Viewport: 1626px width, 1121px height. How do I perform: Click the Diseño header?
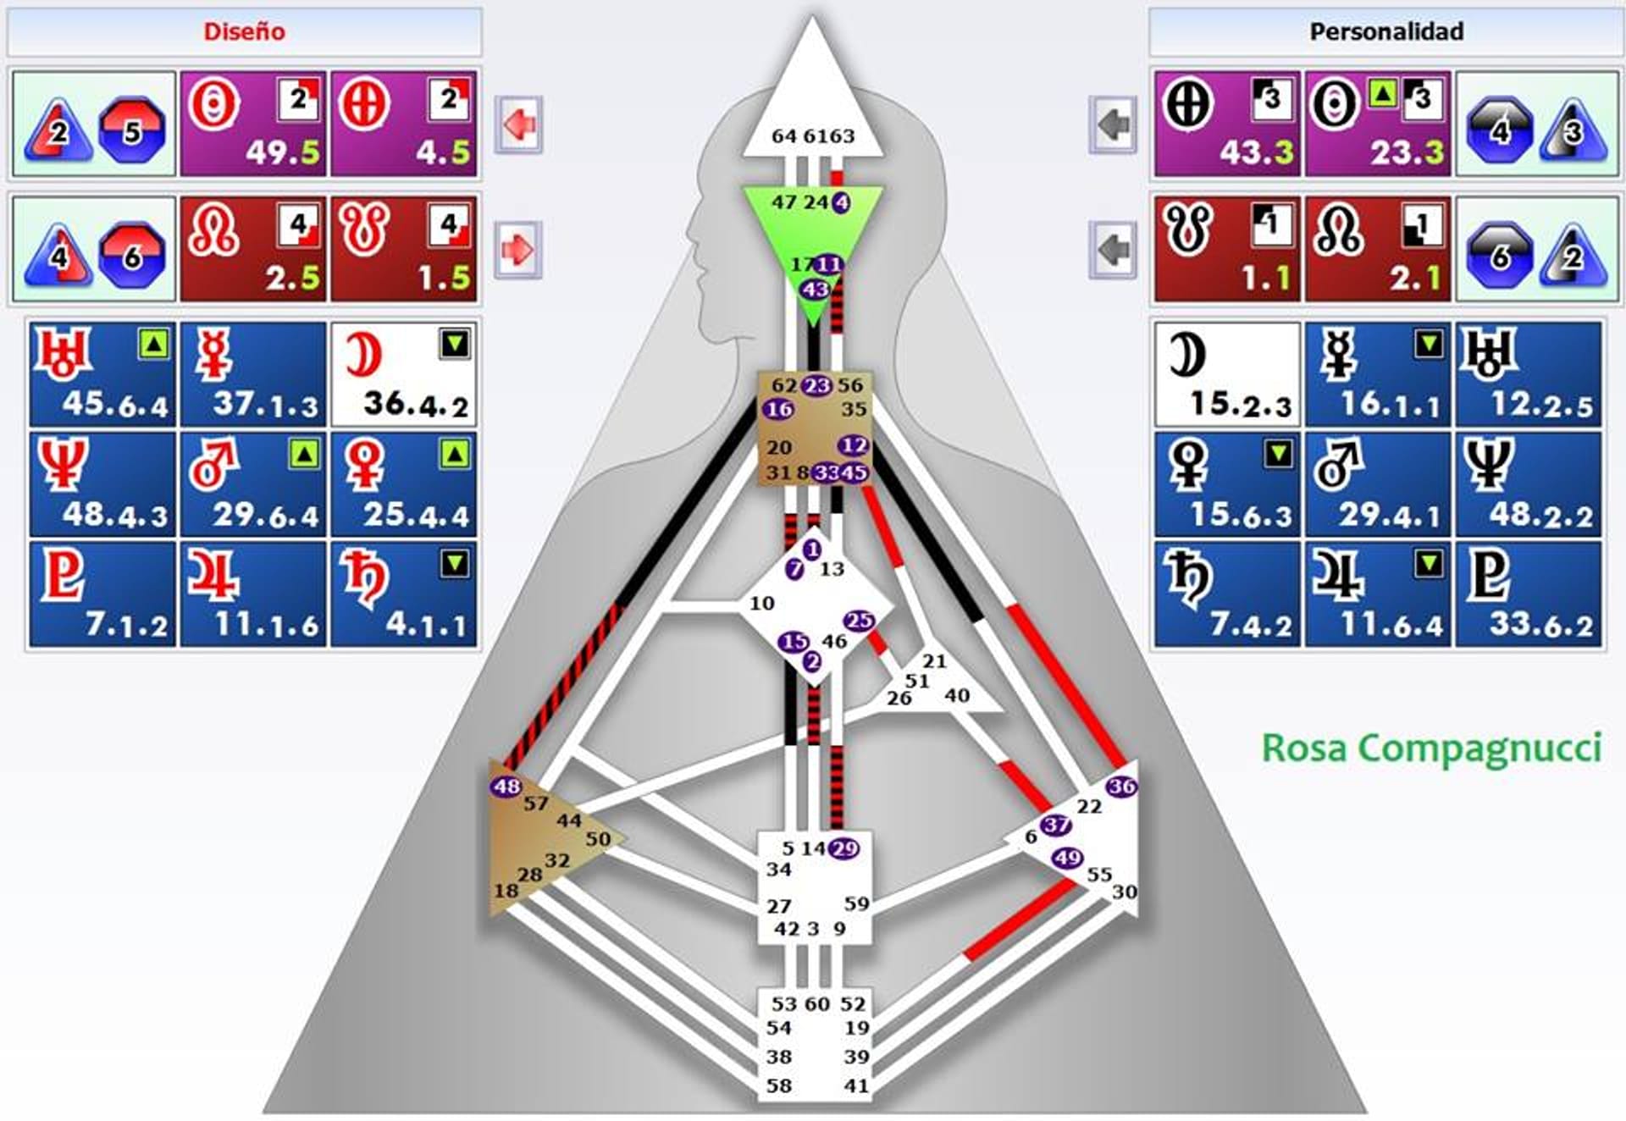[244, 32]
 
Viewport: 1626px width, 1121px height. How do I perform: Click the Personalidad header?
[1386, 32]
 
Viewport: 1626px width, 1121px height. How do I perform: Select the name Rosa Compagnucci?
[1431, 748]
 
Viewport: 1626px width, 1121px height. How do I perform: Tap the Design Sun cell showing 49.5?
[253, 124]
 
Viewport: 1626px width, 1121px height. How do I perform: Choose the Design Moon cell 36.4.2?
[404, 374]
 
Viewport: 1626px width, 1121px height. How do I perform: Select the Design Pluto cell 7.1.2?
[102, 594]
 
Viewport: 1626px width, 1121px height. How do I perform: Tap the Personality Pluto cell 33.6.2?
[1529, 594]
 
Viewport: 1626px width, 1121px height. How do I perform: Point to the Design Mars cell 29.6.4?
[253, 484]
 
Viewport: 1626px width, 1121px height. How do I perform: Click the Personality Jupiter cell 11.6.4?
[1378, 594]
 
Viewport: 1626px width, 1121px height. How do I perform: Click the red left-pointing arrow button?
[518, 124]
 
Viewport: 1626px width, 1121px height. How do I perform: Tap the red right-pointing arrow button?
[518, 250]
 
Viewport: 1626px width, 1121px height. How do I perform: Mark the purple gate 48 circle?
[506, 787]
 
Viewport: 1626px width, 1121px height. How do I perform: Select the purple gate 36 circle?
[1121, 787]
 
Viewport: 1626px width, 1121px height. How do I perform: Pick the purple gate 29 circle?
[844, 848]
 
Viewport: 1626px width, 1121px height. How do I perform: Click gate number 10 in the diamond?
[761, 603]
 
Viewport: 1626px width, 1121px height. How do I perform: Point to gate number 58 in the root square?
[778, 1085]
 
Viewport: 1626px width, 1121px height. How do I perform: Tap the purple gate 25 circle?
[859, 621]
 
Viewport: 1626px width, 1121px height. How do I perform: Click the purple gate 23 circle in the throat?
[816, 386]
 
